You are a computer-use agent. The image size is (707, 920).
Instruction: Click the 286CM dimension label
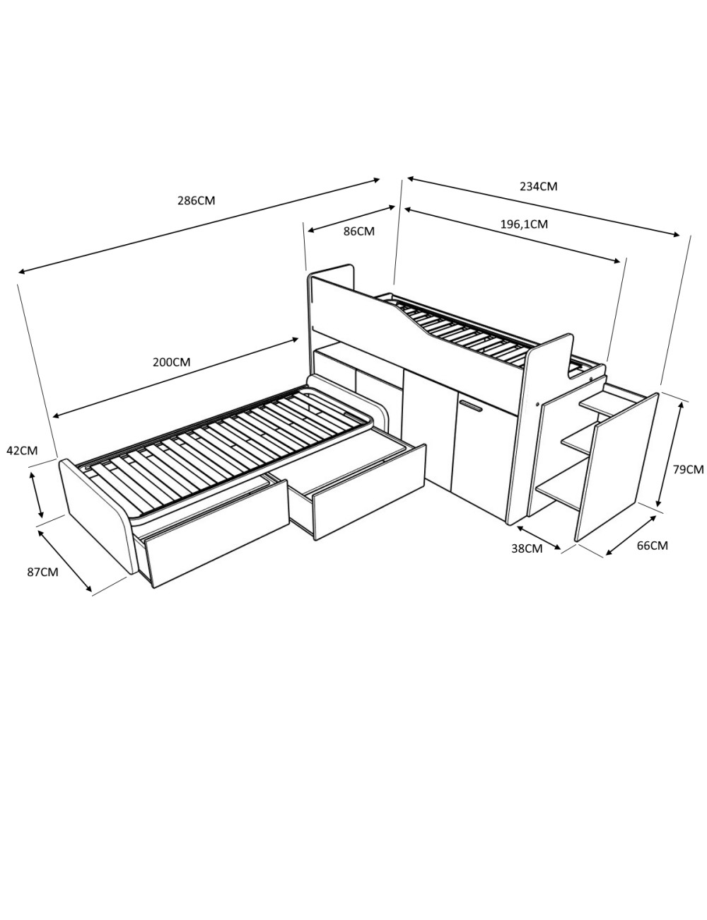point(197,200)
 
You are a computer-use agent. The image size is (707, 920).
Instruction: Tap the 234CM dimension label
point(538,186)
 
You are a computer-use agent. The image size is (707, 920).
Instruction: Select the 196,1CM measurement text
point(524,224)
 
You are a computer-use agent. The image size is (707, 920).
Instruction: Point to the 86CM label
point(359,231)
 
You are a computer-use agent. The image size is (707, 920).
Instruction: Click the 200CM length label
point(172,362)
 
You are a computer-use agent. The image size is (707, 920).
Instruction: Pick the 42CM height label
point(22,450)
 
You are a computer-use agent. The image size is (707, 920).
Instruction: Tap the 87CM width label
point(42,572)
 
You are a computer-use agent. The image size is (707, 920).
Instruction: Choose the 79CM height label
point(689,469)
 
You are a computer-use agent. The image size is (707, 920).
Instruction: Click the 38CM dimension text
point(527,548)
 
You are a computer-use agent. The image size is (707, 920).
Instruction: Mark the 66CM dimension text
point(653,546)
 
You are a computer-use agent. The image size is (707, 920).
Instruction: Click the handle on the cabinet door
point(472,406)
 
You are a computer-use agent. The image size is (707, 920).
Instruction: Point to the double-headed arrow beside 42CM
point(36,495)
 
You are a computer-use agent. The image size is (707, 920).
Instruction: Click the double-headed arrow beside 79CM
point(669,454)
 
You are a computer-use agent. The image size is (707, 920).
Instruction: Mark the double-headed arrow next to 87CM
point(65,560)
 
